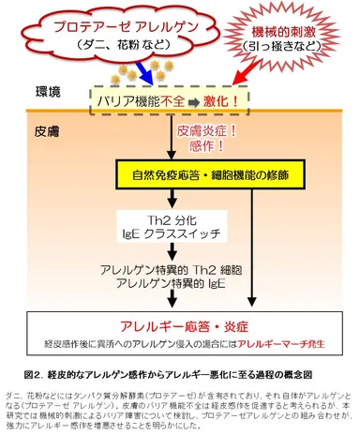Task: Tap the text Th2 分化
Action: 179,219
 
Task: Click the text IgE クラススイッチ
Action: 179,234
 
